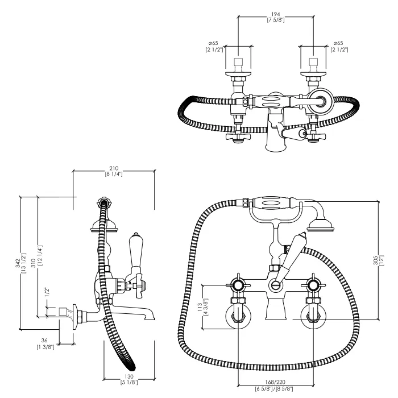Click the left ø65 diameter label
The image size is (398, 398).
[x=215, y=43]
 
